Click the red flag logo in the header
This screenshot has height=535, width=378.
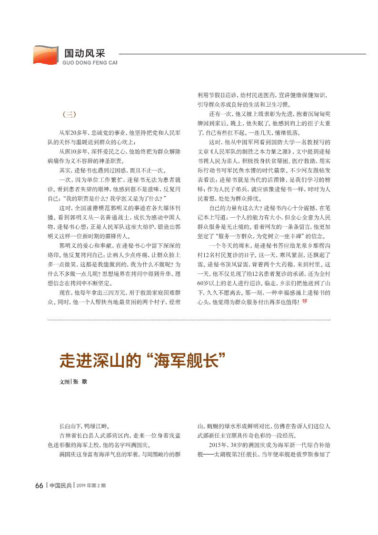point(46,55)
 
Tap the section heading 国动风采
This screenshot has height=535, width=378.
point(84,53)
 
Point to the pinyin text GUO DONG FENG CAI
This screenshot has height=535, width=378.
point(90,62)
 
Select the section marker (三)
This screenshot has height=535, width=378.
point(70,114)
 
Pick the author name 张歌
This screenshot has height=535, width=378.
point(81,382)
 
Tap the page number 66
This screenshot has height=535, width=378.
point(40,485)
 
